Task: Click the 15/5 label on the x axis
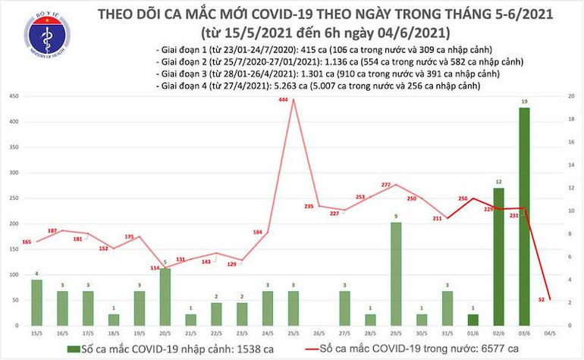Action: pos(36,332)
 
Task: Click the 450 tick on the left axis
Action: pos(14,96)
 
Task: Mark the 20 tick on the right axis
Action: pos(568,96)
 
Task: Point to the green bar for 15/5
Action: pos(36,302)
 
